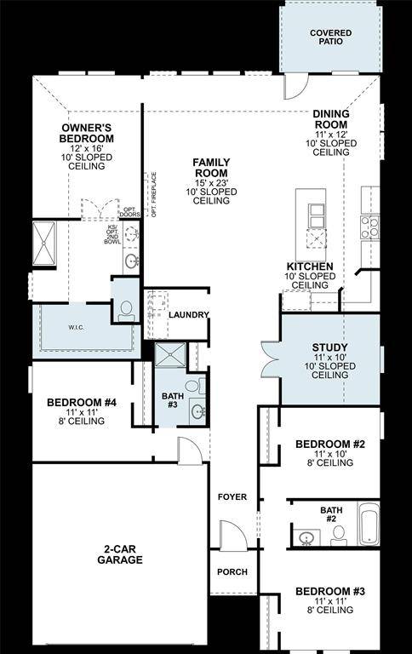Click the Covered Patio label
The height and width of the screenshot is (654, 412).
(330, 37)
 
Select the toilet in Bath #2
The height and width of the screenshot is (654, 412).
(338, 535)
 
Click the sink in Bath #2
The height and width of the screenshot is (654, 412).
(306, 537)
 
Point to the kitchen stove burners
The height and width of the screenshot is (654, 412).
(370, 227)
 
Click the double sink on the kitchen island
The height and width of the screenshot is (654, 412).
(316, 217)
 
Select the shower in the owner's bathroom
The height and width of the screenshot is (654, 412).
(43, 239)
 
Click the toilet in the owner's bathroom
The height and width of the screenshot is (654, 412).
(126, 310)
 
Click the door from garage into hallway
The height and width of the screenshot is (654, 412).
(191, 451)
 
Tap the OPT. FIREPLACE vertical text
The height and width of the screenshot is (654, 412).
(155, 194)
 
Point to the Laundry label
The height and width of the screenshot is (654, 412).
(188, 315)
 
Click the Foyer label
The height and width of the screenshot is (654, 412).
(232, 496)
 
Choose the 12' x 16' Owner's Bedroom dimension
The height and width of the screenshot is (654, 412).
(87, 147)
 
